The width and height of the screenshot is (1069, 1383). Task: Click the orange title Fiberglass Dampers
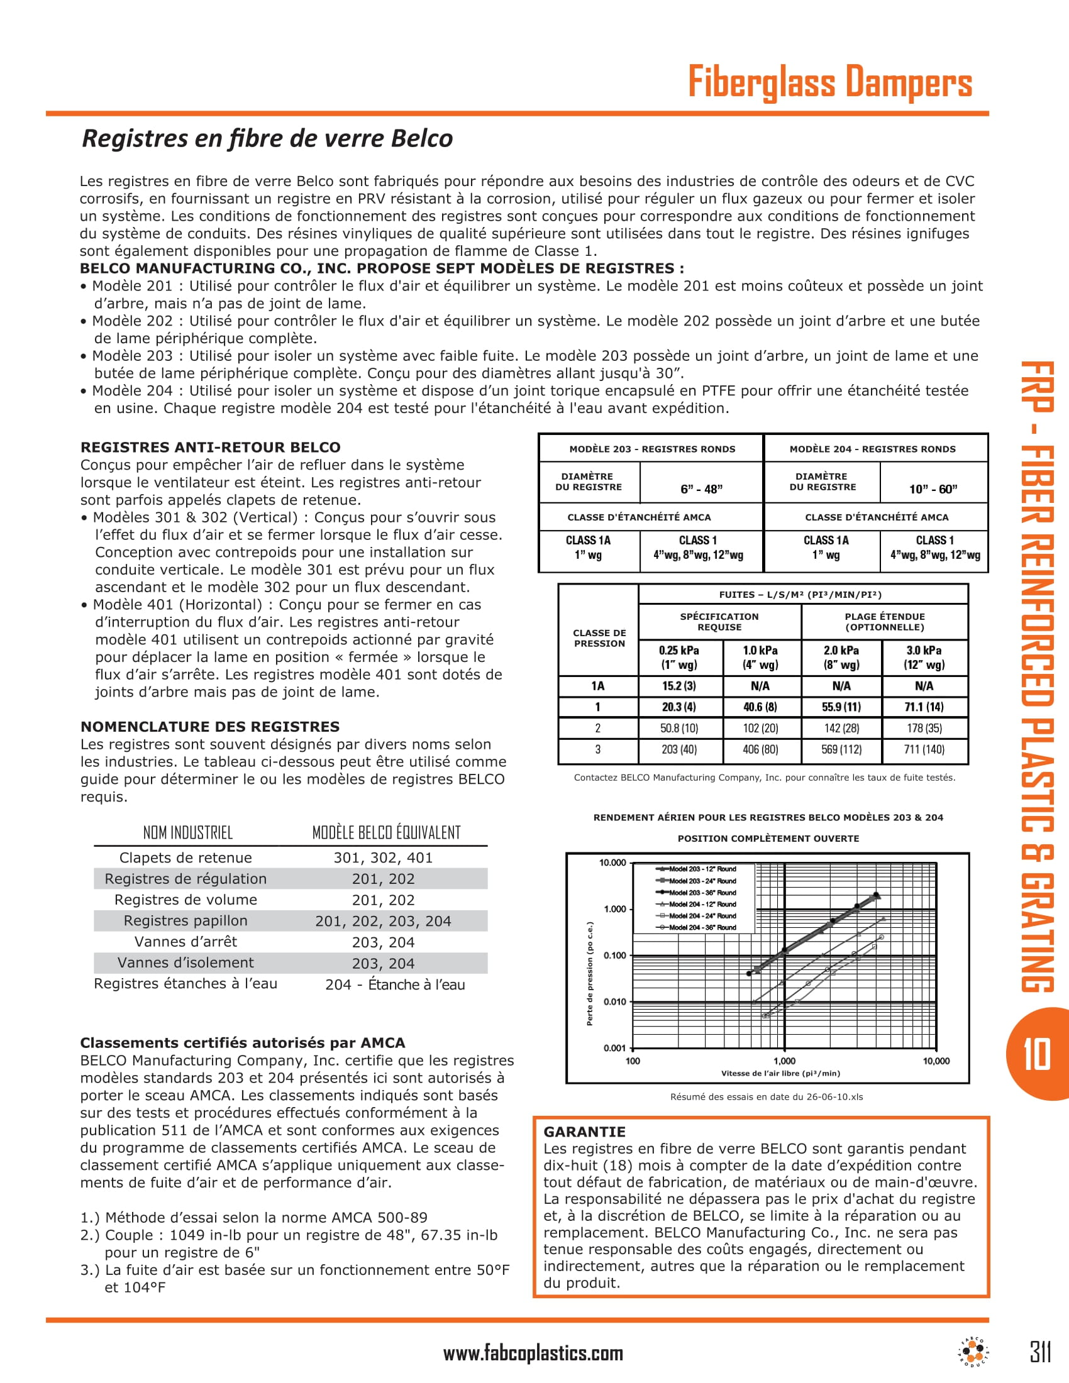point(829,82)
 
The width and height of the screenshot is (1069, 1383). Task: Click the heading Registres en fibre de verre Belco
point(267,138)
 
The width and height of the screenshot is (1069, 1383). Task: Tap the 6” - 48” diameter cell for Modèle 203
point(701,489)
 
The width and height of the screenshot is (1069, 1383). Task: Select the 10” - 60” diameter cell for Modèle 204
point(933,489)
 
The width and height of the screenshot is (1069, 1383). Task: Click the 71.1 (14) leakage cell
point(923,707)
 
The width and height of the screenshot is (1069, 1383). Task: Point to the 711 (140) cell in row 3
point(923,749)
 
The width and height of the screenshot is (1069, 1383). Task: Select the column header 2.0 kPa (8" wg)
point(841,658)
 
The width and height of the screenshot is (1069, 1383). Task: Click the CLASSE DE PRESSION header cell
point(599,638)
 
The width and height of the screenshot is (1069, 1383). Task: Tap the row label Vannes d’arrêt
point(186,942)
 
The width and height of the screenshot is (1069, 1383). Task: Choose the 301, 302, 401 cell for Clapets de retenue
point(383,857)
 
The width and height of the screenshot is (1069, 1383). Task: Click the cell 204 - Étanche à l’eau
point(395,984)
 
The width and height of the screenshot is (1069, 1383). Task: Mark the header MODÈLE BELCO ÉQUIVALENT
point(386,833)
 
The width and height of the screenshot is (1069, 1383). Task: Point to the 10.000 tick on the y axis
point(612,862)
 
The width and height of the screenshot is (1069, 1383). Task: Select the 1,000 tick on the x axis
point(784,1061)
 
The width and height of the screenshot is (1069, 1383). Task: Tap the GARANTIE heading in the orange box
point(585,1132)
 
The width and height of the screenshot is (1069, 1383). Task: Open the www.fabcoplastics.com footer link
point(533,1353)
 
